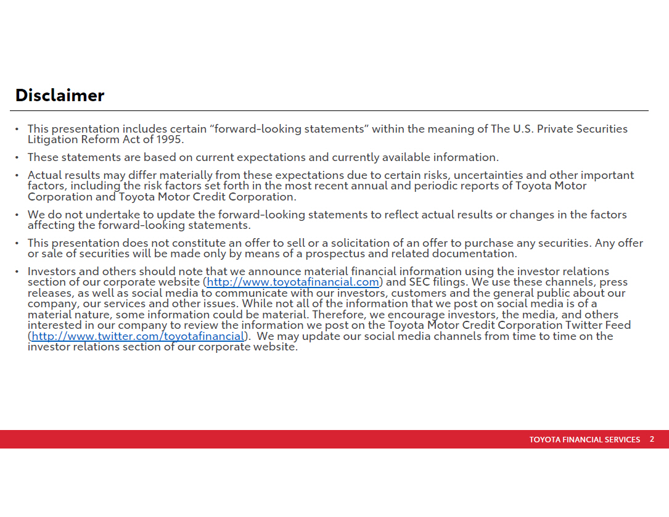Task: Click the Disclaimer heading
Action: pos(60,96)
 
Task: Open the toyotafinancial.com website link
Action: pos(293,283)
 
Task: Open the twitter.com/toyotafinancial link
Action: pos(138,336)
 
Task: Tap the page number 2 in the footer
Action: pos(652,439)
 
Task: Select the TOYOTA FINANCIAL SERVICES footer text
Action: pos(585,440)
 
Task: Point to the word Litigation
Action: pos(52,139)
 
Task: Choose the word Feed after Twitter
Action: pos(618,325)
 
